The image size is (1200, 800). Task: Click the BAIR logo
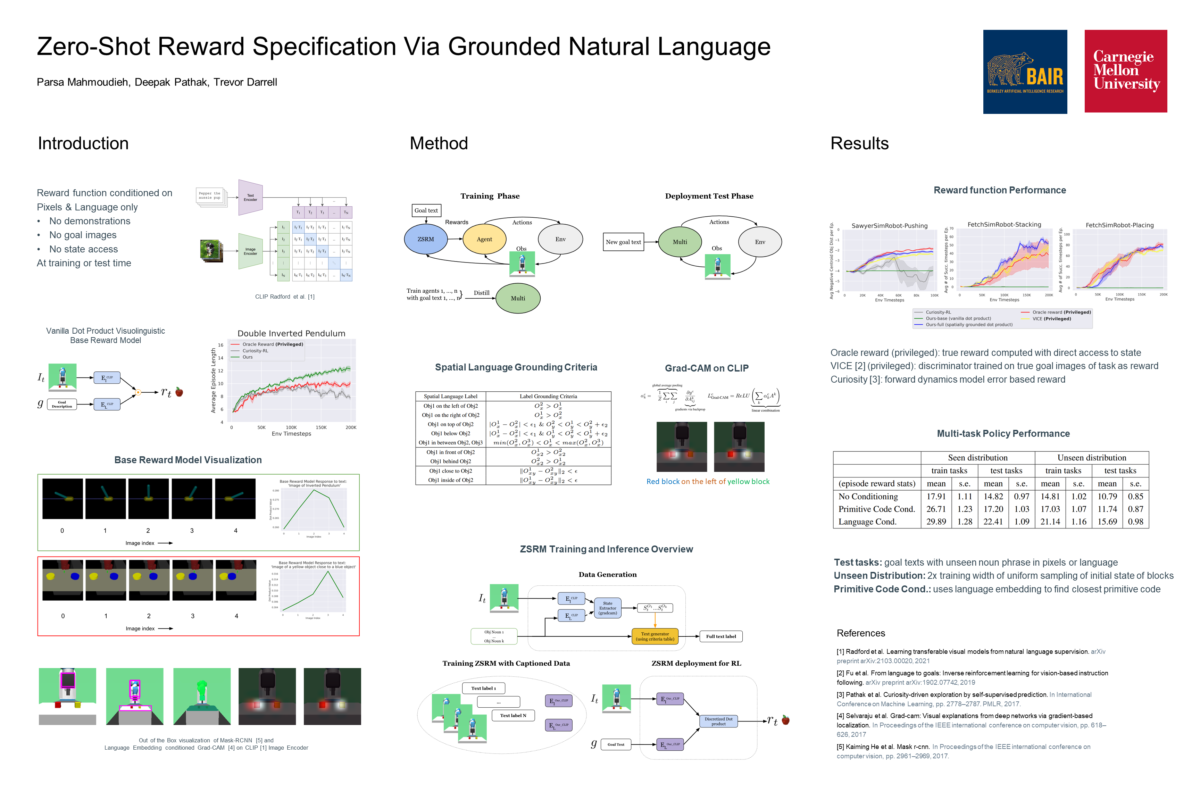point(1025,72)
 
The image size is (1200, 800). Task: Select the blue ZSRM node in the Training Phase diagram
point(425,239)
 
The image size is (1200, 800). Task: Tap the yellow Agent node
point(484,239)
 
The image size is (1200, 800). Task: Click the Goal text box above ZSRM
point(426,210)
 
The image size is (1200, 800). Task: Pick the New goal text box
point(623,242)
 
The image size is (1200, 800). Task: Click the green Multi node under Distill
point(518,299)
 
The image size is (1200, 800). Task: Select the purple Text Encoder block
point(250,198)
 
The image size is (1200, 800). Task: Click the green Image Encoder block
point(250,251)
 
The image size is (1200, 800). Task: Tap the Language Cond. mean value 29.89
point(936,522)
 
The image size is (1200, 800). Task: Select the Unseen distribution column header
point(1092,458)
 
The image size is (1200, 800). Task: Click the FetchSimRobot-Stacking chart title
point(1004,225)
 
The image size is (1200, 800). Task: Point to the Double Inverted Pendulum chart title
point(291,333)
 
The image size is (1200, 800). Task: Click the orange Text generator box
point(655,636)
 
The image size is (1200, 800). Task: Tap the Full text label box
point(721,636)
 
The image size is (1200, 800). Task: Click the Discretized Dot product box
point(718,721)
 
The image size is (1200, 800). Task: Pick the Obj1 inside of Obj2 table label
point(450,480)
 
